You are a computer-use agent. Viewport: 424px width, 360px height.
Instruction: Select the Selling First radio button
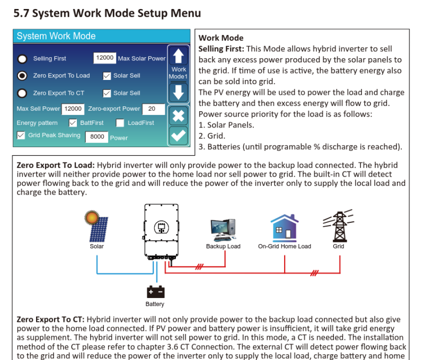pos(22,59)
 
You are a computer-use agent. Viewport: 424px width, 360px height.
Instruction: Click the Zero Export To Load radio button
pos(22,76)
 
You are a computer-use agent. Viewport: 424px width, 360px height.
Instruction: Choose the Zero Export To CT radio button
pos(22,93)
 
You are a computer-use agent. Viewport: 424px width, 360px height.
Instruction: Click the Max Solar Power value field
pos(104,58)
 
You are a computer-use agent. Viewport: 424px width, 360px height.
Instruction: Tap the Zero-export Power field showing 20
pos(153,109)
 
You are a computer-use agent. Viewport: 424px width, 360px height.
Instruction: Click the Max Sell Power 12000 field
pos(73,109)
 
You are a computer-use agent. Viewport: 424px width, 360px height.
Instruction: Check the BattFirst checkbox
pos(73,123)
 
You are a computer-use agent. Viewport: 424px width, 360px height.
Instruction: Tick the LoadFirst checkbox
pos(120,123)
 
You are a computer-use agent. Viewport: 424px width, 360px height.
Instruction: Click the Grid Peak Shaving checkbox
pos(21,135)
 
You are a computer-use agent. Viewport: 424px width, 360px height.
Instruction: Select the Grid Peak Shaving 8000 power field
pos(97,137)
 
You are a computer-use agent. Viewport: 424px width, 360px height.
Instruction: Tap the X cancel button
pos(178,116)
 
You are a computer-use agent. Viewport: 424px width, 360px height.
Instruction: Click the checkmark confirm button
pos(178,136)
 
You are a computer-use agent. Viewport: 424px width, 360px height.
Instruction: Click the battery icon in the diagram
pos(155,292)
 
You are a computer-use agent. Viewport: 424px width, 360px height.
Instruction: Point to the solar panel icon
pos(96,226)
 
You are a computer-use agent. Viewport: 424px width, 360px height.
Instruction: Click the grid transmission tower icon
pos(339,226)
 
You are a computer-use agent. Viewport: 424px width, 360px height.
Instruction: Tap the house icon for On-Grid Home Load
pos(285,228)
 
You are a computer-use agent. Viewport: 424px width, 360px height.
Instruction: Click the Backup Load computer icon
pos(223,230)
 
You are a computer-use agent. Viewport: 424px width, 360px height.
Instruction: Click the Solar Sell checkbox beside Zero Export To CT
pos(107,94)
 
